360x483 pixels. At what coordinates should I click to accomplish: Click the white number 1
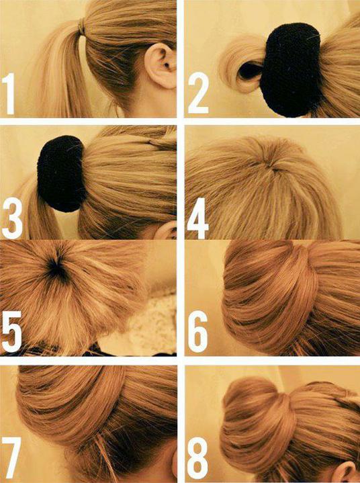click(9, 93)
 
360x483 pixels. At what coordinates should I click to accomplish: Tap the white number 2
click(198, 93)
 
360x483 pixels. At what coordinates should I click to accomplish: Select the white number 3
click(12, 218)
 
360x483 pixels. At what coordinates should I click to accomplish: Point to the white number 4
click(198, 218)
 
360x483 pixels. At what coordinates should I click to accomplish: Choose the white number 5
click(11, 332)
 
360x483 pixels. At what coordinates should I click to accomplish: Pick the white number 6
click(197, 332)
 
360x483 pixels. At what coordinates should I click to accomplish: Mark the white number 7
click(11, 457)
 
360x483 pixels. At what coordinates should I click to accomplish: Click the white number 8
click(197, 457)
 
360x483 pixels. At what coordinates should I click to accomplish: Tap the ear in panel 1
click(161, 65)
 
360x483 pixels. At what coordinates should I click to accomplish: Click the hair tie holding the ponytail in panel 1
click(82, 26)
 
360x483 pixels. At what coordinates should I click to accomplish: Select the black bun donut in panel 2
click(290, 69)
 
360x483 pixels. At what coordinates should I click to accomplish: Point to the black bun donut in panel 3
click(61, 173)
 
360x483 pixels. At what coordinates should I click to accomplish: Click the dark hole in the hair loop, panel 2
click(250, 71)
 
